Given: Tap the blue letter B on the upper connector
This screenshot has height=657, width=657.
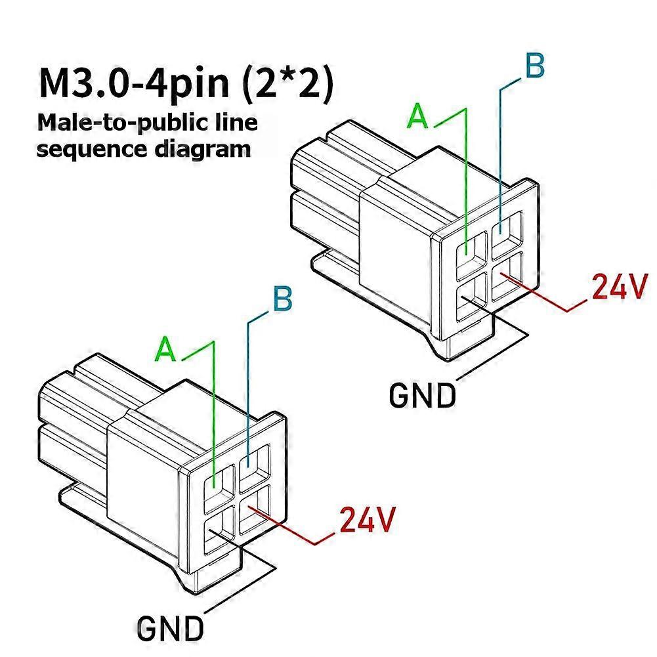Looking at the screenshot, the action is (535, 66).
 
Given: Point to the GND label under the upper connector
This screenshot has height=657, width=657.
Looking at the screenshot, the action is (422, 395).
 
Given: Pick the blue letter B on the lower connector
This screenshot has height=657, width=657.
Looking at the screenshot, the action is (283, 299).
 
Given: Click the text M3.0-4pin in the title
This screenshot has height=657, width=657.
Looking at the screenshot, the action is (135, 84).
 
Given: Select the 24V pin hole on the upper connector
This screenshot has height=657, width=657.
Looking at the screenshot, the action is (507, 276).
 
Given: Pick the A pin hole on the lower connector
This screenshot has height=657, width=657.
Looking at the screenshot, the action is (219, 490).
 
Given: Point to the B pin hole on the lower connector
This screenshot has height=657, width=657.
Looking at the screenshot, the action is (255, 467).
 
